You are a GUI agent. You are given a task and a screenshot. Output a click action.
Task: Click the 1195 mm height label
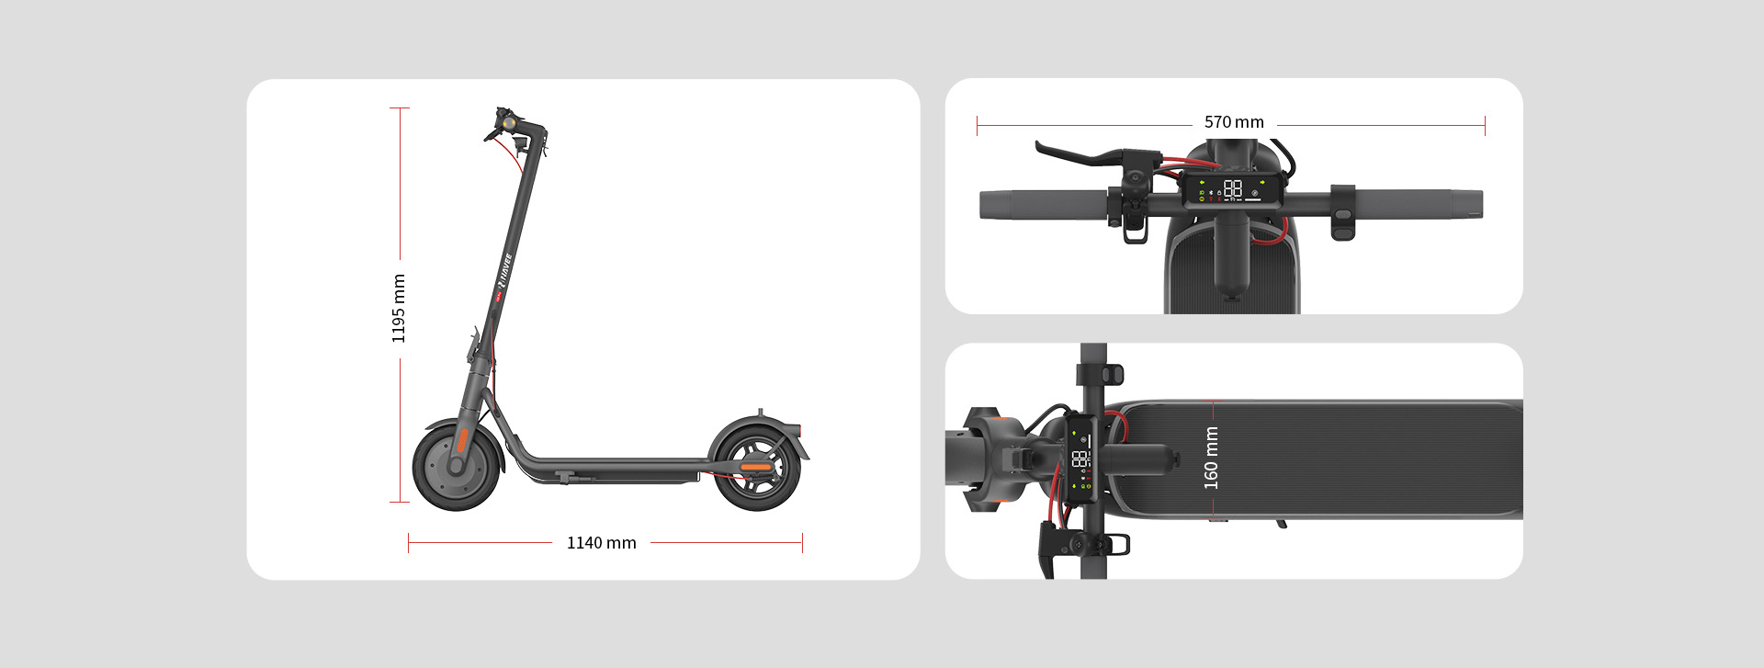pyautogui.click(x=399, y=309)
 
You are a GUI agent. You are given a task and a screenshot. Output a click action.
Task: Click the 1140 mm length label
pyautogui.click(x=601, y=543)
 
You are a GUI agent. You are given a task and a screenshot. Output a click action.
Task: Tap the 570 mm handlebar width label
pyautogui.click(x=1234, y=122)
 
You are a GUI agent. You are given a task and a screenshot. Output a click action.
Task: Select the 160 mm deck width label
pyautogui.click(x=1211, y=458)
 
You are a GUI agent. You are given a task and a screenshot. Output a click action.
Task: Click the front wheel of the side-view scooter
pyautogui.click(x=457, y=467)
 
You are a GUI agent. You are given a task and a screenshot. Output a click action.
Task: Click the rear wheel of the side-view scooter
pyautogui.click(x=757, y=468)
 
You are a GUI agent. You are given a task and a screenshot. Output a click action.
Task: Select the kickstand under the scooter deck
pyautogui.click(x=562, y=476)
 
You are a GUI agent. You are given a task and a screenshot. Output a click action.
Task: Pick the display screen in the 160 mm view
pyautogui.click(x=1080, y=459)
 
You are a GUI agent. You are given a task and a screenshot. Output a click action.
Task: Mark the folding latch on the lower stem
pyautogui.click(x=476, y=345)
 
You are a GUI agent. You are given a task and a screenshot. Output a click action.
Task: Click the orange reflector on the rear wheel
pyautogui.click(x=756, y=468)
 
